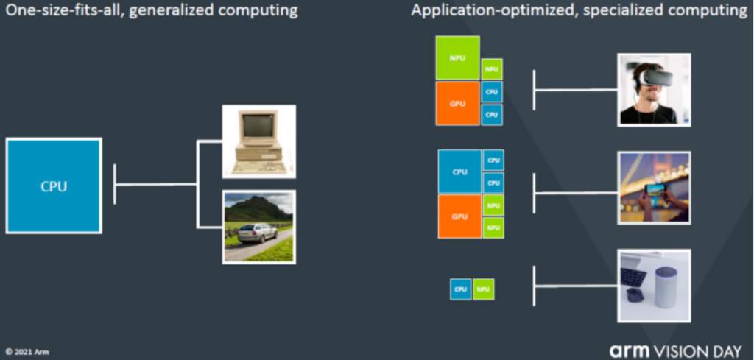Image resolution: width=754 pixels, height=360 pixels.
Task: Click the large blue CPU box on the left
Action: coord(54,186)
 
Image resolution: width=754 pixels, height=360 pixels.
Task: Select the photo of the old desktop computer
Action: coord(258,141)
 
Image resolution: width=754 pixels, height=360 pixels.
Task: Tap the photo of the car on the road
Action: coord(258,227)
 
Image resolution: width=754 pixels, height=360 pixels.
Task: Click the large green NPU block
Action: coord(457,57)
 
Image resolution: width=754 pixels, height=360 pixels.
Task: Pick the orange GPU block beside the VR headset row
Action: coord(457,103)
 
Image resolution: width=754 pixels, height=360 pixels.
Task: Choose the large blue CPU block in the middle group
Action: coord(459,172)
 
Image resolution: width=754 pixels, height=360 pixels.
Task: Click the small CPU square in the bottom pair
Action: coord(461,289)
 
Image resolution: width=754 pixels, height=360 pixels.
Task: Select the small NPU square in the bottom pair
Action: coord(483,289)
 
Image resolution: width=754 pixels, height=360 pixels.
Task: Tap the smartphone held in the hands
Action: coord(655,191)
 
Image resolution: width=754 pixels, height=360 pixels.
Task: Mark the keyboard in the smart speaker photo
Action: coord(633,277)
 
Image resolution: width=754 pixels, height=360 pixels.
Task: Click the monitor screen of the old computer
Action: coord(258,126)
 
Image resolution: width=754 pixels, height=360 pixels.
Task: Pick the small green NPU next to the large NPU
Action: coord(492,69)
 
